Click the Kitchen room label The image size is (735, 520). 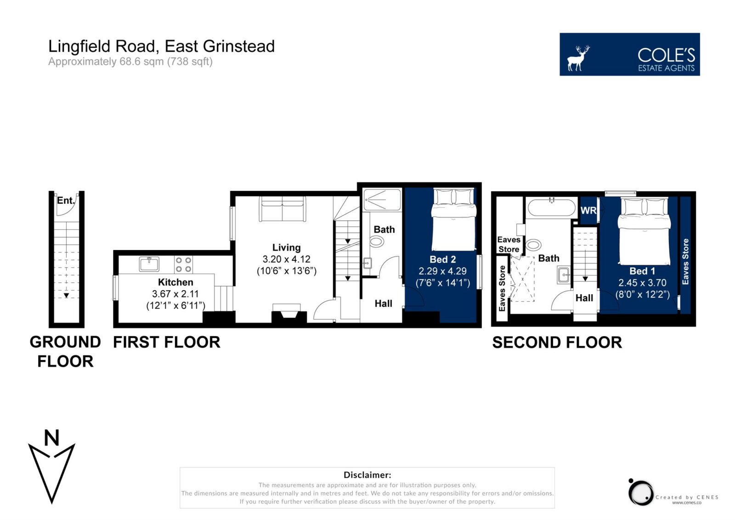(175, 282)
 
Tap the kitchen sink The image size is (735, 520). (149, 264)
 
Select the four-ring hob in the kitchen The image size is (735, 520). (183, 264)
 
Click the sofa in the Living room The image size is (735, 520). (283, 209)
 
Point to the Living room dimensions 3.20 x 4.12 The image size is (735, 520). (287, 259)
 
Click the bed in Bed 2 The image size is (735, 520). (454, 219)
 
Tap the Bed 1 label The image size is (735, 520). (642, 271)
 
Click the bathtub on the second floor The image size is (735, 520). (552, 207)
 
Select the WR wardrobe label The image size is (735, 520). (588, 211)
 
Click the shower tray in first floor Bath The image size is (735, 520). (382, 200)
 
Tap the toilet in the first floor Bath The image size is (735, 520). (377, 242)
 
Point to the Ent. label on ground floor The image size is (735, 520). (66, 200)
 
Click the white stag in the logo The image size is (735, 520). (578, 58)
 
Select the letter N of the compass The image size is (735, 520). (51, 438)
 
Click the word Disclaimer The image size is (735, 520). (367, 474)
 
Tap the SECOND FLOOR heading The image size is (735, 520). (557, 343)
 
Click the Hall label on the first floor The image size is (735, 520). (383, 303)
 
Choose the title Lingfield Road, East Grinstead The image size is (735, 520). (161, 46)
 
